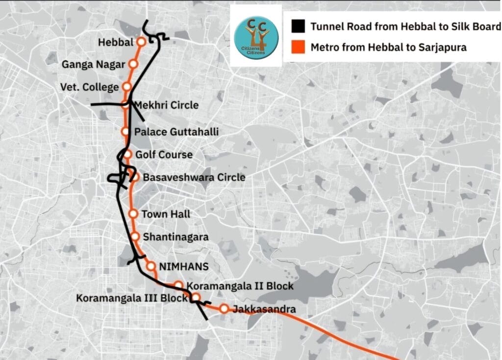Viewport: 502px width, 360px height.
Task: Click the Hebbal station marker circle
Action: (x=141, y=42)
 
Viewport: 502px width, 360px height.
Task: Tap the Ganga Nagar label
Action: (x=93, y=64)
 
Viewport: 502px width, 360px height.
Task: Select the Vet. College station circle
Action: (x=127, y=87)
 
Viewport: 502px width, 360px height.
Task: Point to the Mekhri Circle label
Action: (x=166, y=105)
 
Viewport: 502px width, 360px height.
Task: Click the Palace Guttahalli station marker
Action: (x=125, y=131)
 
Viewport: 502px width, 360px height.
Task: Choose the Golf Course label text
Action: (x=164, y=154)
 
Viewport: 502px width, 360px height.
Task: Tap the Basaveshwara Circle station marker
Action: (x=134, y=177)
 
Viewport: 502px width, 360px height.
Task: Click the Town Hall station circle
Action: (x=133, y=214)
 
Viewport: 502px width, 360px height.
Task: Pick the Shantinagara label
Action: (x=176, y=237)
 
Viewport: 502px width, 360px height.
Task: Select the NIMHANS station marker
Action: (x=151, y=266)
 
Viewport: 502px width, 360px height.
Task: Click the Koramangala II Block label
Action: (x=240, y=285)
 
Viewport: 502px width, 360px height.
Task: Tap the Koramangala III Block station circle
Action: (x=195, y=297)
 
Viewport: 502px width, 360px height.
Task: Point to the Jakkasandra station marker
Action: (x=224, y=309)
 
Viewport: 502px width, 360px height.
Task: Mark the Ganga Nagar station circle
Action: (x=133, y=64)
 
